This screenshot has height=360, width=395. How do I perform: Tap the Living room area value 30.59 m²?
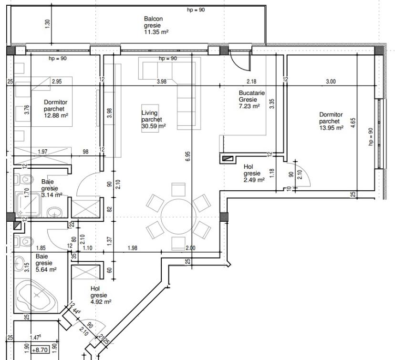[x=153, y=126]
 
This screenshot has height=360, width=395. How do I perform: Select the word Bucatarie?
[x=252, y=93]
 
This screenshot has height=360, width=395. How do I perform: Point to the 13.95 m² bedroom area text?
[x=331, y=128]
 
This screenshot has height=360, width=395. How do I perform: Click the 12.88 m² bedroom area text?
[x=56, y=115]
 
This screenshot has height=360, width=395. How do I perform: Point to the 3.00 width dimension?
[x=331, y=82]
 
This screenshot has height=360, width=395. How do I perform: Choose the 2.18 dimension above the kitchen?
[x=251, y=82]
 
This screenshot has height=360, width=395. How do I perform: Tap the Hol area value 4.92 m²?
[x=101, y=301]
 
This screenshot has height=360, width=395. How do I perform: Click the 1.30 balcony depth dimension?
[x=47, y=24]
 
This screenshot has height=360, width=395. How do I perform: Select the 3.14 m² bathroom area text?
[x=52, y=195]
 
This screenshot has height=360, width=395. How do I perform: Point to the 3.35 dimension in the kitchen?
[x=271, y=104]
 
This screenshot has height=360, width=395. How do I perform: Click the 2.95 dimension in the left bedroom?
[x=57, y=82]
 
